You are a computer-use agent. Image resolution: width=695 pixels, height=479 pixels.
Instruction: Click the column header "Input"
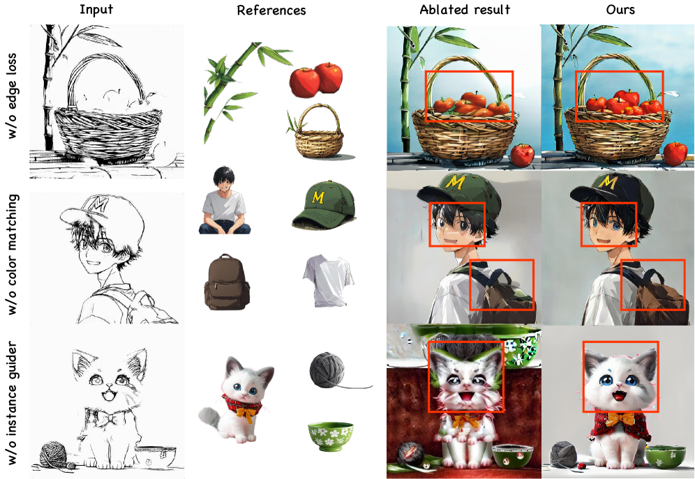[96, 10]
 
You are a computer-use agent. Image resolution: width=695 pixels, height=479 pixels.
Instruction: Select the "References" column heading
[271, 10]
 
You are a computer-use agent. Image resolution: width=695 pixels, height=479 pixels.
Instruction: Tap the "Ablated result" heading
[465, 9]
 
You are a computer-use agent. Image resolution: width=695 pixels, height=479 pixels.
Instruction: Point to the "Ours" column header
[620, 9]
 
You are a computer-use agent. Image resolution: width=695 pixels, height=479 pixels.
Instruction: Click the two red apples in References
[316, 79]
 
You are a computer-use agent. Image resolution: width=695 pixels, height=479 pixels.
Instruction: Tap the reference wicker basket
[318, 131]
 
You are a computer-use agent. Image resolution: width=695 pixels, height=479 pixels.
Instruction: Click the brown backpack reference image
[227, 282]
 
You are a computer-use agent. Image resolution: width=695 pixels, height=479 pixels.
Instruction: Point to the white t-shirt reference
[329, 281]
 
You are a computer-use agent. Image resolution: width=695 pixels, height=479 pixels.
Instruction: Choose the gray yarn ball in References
[327, 370]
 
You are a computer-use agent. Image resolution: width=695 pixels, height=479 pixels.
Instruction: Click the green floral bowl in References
[330, 436]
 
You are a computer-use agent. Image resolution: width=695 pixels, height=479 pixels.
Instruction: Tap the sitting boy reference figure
[224, 201]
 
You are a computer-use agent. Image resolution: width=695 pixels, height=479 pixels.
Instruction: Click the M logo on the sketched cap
[98, 204]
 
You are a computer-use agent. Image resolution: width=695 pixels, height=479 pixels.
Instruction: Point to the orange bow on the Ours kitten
[619, 418]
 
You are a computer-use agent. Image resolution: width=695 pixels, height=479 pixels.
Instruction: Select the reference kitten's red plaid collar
[242, 404]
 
